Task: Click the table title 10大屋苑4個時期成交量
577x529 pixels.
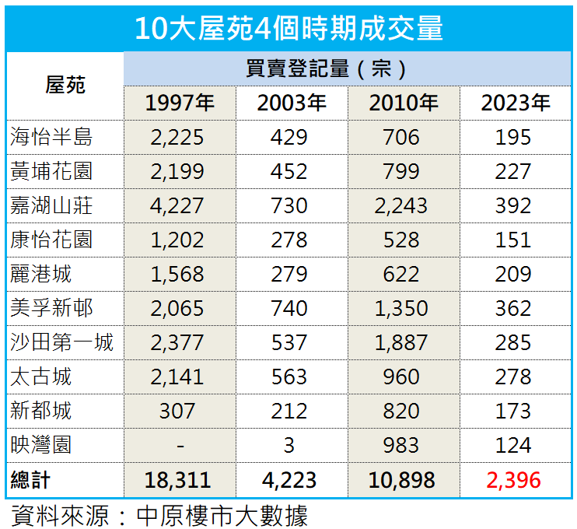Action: tap(288, 28)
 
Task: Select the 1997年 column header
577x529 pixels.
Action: tap(180, 103)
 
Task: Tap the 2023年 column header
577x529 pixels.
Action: tap(515, 103)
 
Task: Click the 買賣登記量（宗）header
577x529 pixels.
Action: tap(347, 68)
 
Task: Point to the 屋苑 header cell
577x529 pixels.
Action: tap(65, 86)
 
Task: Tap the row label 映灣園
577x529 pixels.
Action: tap(42, 445)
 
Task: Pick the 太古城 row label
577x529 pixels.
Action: tap(42, 377)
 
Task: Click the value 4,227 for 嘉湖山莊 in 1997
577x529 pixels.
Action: tap(178, 206)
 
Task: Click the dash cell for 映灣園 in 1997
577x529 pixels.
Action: tap(180, 446)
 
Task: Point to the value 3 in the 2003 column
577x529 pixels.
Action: tap(290, 446)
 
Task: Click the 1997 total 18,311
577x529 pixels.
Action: tap(180, 479)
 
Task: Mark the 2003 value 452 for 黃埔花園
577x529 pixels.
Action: tap(290, 172)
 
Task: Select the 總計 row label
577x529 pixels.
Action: tap(31, 479)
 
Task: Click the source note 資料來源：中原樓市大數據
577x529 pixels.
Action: tap(159, 515)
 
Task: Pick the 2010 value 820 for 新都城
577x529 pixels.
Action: tap(401, 412)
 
